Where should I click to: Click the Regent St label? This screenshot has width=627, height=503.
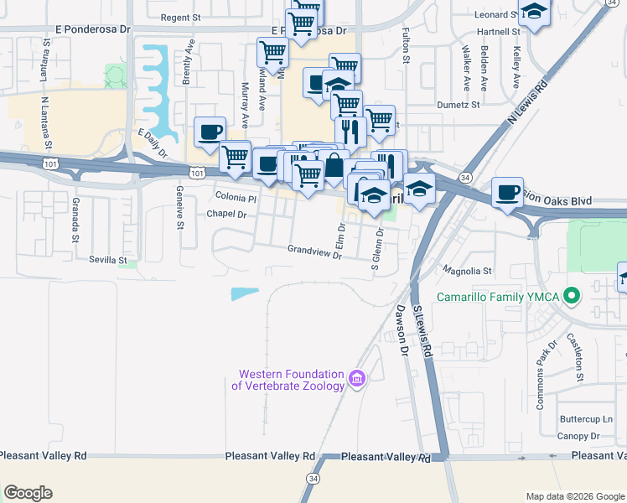[181, 17]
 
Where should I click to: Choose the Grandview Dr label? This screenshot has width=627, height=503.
[314, 250]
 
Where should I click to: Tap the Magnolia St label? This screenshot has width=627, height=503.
[468, 271]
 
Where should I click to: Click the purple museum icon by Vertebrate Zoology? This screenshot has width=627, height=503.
[358, 380]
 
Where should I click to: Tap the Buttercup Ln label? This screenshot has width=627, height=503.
[586, 419]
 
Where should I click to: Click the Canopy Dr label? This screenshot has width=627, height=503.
[578, 436]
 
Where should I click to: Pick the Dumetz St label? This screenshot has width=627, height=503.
[458, 105]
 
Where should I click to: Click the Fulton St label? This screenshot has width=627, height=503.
[405, 46]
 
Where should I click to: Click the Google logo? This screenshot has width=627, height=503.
[28, 493]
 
